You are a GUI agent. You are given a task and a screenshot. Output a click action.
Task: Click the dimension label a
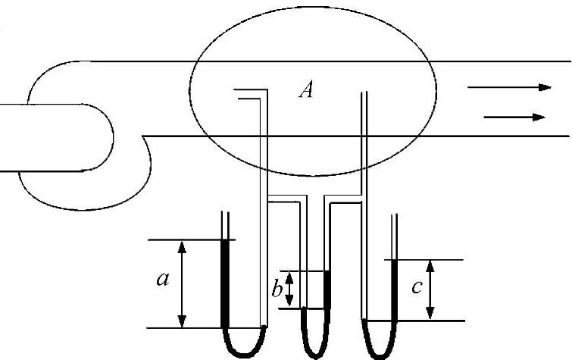tap(161, 280)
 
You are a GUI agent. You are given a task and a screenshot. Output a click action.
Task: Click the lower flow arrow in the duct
tap(515, 117)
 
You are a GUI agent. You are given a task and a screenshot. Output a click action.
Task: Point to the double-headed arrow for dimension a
tap(182, 284)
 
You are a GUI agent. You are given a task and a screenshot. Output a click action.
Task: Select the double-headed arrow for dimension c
tap(430, 290)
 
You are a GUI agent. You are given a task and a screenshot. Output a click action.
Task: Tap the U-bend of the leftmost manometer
tap(243, 345)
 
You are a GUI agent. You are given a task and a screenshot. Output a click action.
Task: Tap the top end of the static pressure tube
tap(365, 95)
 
